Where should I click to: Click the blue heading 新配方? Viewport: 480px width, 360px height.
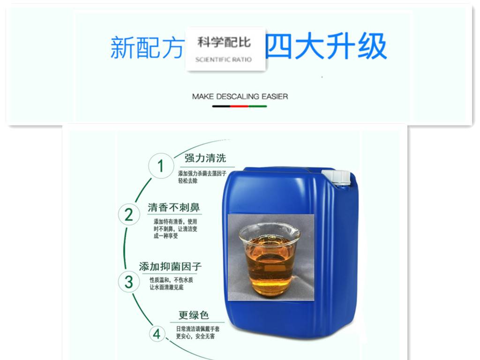coord(147,47)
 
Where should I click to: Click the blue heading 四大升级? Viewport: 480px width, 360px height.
coord(326,46)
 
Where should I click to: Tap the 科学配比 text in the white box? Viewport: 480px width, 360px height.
coord(224,42)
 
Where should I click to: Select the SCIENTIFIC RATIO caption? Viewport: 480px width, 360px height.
coord(224,60)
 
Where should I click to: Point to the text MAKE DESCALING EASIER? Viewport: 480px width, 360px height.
coord(240,97)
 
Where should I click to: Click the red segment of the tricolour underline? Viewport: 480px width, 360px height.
coord(239,106)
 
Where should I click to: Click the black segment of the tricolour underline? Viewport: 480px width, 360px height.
coord(221,106)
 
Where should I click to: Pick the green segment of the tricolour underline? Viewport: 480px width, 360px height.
coord(257,106)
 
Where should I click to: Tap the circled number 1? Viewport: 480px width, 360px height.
coord(161,166)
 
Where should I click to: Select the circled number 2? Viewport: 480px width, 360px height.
coord(129,215)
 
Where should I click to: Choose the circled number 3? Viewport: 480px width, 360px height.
coord(129,282)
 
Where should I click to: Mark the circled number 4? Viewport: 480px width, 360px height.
coord(157,334)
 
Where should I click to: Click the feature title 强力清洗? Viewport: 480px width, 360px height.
coord(205,158)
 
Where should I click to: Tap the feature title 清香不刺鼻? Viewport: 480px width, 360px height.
coord(174,208)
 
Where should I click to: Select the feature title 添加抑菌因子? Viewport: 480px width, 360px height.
coord(170,266)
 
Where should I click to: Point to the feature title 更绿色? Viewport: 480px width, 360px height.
coord(194,315)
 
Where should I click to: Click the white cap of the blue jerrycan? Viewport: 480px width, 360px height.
coord(337,178)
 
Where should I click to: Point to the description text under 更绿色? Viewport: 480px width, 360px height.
coord(197,332)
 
